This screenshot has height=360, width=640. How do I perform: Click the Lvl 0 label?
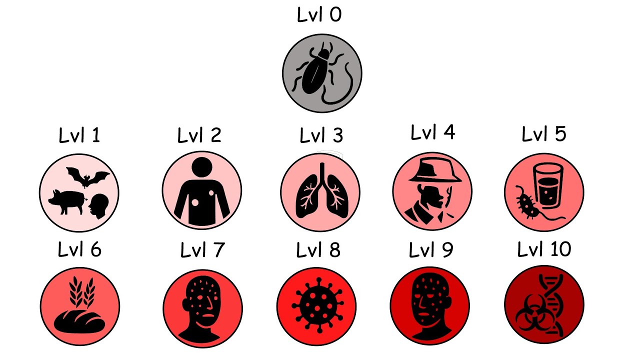point(319,15)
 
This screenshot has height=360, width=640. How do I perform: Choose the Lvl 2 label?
point(199,135)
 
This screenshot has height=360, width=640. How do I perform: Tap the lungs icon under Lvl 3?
point(320,193)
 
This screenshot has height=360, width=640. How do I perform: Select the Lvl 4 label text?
point(433,133)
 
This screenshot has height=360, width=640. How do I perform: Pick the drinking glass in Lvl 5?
point(548,186)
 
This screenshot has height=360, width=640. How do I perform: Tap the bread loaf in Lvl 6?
point(79,320)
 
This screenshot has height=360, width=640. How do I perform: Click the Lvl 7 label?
point(202,250)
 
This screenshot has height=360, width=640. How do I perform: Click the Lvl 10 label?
point(544,249)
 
